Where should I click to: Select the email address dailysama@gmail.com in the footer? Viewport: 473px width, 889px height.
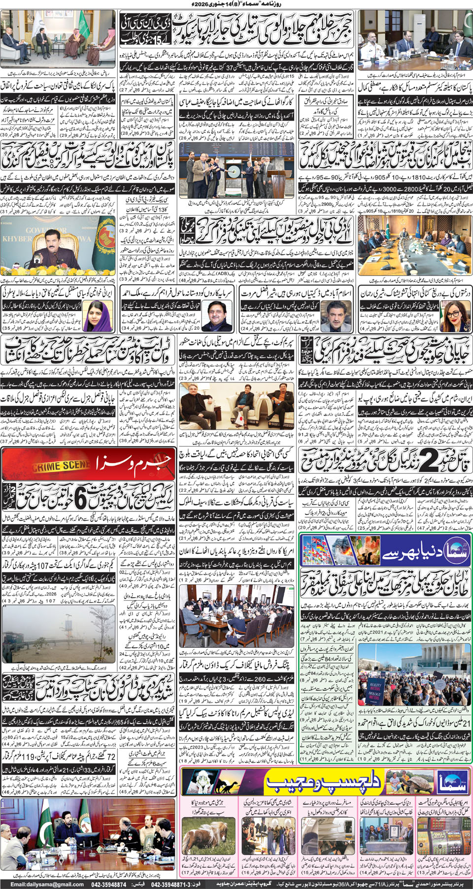[47, 884]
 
